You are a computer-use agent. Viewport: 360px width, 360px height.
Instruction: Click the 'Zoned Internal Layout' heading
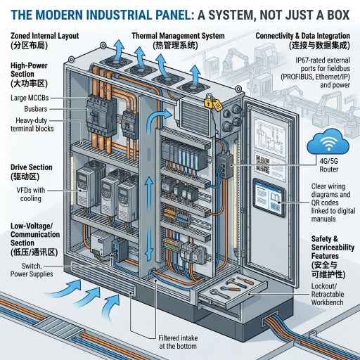45,35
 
